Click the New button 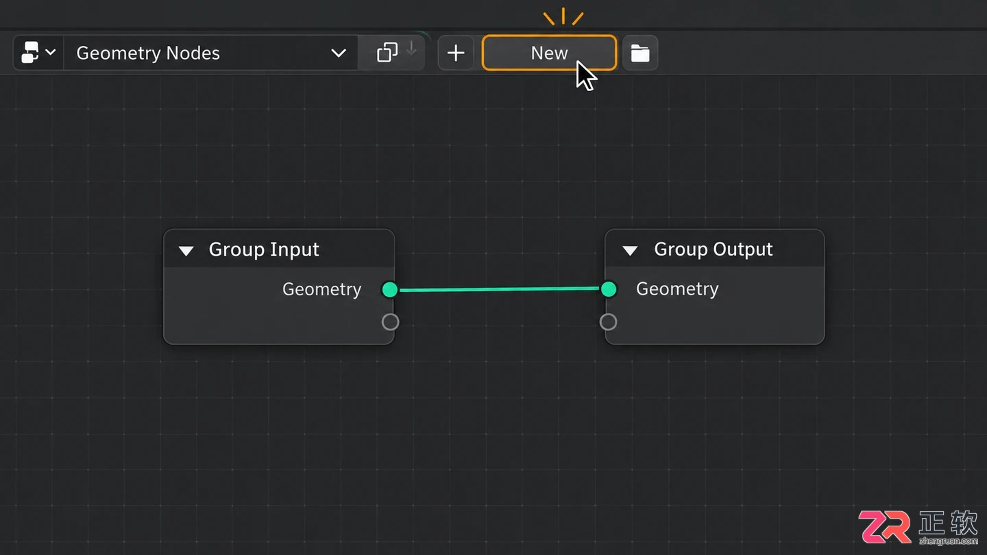tap(549, 53)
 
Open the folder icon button tap(639, 53)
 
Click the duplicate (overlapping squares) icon tap(387, 52)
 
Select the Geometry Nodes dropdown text tap(148, 53)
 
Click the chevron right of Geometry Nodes tap(339, 53)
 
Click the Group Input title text tap(263, 249)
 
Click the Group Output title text tap(714, 249)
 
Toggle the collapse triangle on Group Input tap(186, 251)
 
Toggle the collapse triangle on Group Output tap(630, 251)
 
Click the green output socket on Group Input tap(390, 289)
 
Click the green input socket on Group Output tap(609, 289)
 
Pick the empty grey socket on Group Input tap(391, 322)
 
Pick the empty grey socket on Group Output tap(608, 322)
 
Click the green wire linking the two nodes tap(499, 289)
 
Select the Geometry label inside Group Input tap(321, 289)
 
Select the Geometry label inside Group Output tap(677, 289)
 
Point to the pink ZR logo tap(884, 527)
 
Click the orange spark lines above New tap(563, 16)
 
